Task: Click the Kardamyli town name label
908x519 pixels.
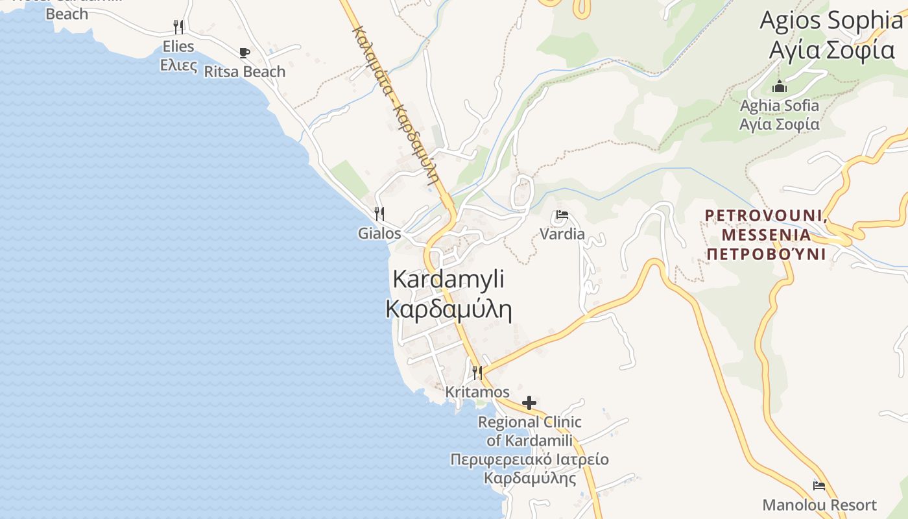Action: tap(449, 279)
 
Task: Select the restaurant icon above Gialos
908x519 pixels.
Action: tap(379, 213)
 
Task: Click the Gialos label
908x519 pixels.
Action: tap(379, 233)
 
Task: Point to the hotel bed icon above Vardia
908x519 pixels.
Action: tap(562, 215)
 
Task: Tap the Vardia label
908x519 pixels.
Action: tap(562, 234)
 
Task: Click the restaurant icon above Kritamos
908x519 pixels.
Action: tap(477, 372)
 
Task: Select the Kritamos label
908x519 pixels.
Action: tap(477, 392)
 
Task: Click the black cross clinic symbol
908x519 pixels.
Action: tap(529, 403)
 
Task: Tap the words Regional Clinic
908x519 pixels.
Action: tap(530, 422)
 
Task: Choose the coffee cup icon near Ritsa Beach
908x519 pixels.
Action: tap(245, 53)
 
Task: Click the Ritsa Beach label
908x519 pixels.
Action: tap(245, 71)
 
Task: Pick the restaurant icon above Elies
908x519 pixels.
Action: tap(178, 27)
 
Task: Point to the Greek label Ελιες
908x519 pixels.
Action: tap(178, 64)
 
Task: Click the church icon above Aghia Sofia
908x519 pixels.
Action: tap(780, 86)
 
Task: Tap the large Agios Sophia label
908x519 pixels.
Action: tap(831, 21)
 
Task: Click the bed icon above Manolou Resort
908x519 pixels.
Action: tap(819, 485)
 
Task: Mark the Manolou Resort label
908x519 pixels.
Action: tap(819, 505)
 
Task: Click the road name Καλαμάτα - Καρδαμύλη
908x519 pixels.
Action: tap(396, 107)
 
